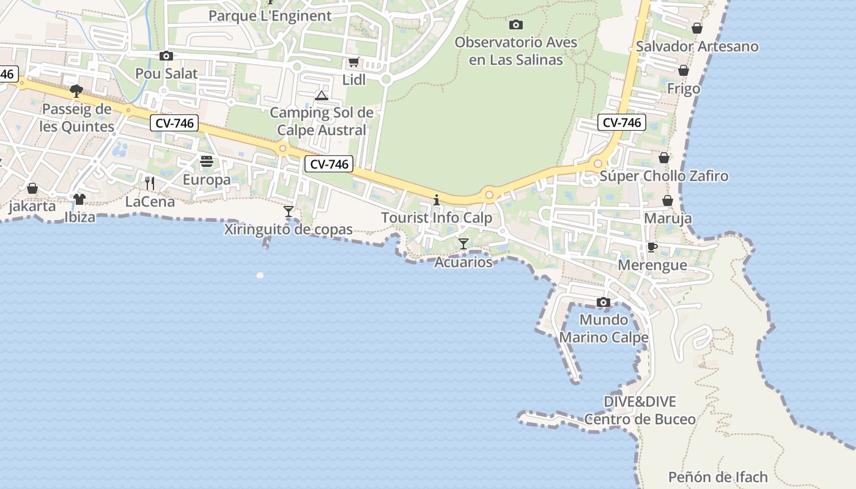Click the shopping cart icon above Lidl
pos(353,62)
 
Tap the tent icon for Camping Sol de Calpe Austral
pos(322,95)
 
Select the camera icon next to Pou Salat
pos(166,56)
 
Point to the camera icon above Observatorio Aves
pos(516,25)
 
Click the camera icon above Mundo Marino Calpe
pos(603,302)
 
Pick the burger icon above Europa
pos(207,161)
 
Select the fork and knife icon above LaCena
pos(149,183)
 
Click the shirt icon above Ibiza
pos(79,199)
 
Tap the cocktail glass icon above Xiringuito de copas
pos(289,211)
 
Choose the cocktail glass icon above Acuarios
pos(463,244)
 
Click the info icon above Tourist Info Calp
pos(437,200)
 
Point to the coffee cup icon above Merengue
pos(652,247)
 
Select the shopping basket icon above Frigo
pos(684,71)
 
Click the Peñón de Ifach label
pos(718,477)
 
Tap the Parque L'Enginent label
pos(270,16)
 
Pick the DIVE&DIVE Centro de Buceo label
pos(640,410)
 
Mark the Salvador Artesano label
pos(697,46)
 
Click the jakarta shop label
pos(32,206)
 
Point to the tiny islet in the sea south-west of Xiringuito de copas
pos(260,276)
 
